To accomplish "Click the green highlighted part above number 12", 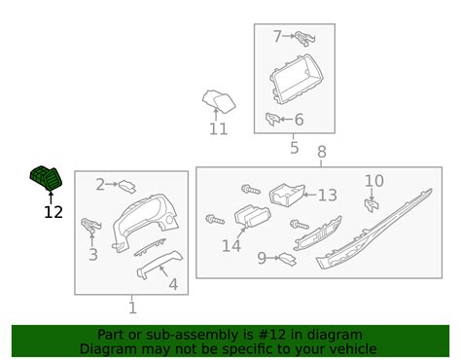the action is click(46, 178).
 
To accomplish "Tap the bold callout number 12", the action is click(53, 212).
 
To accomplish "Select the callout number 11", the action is click(218, 129).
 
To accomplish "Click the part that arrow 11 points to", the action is click(219, 100).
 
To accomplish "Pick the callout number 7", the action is click(277, 36).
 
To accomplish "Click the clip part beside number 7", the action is click(304, 38).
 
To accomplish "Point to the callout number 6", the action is click(299, 120).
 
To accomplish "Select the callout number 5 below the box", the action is click(294, 148).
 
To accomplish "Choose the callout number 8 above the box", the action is click(321, 152).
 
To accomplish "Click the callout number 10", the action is click(374, 181).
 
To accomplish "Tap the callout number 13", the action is click(328, 196).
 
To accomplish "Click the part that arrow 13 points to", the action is click(287, 195).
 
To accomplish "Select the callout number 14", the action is click(231, 246).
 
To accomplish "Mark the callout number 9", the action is click(262, 258).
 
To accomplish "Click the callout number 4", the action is click(173, 284).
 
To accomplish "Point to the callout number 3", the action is click(93, 255).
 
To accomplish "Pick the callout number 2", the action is click(100, 185).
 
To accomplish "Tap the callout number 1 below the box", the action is click(132, 307).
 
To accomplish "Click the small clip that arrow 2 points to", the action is click(127, 187).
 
